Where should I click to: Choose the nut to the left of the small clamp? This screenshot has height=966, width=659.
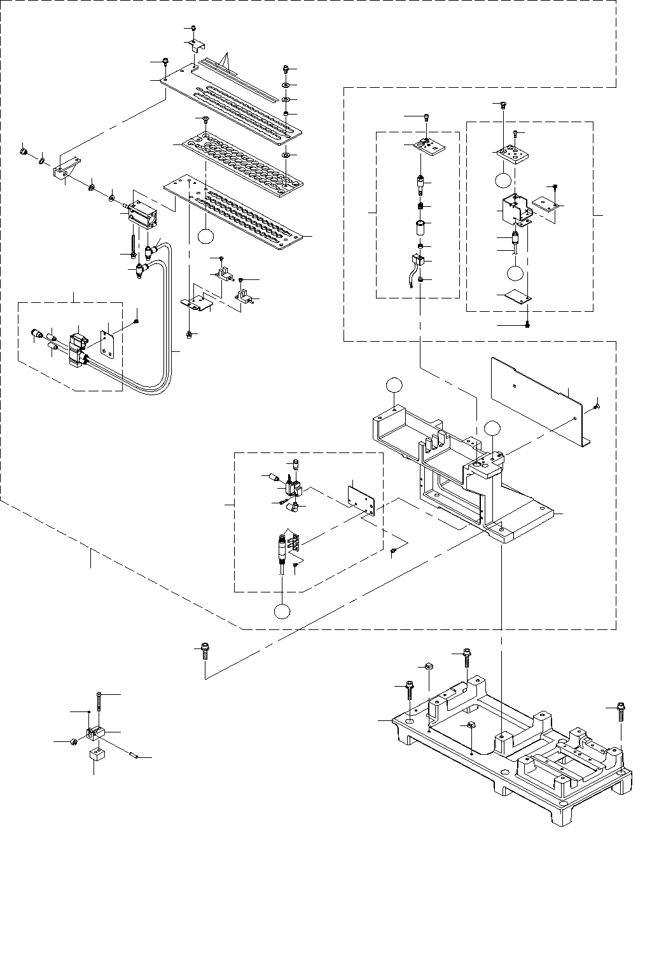click(74, 741)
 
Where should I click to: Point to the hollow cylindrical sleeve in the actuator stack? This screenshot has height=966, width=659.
click(420, 228)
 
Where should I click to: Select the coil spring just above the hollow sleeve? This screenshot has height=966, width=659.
click(420, 206)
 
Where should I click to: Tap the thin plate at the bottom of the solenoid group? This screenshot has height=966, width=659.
click(518, 297)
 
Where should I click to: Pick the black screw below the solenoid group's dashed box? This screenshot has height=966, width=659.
click(527, 325)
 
